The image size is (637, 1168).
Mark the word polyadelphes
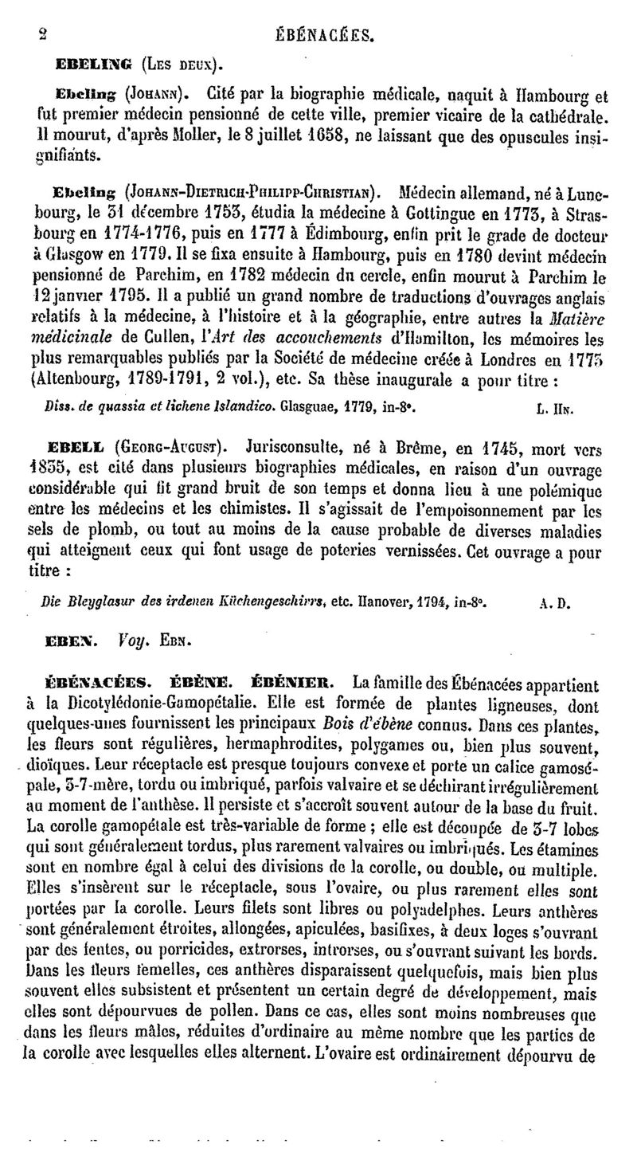(x=433, y=909)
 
